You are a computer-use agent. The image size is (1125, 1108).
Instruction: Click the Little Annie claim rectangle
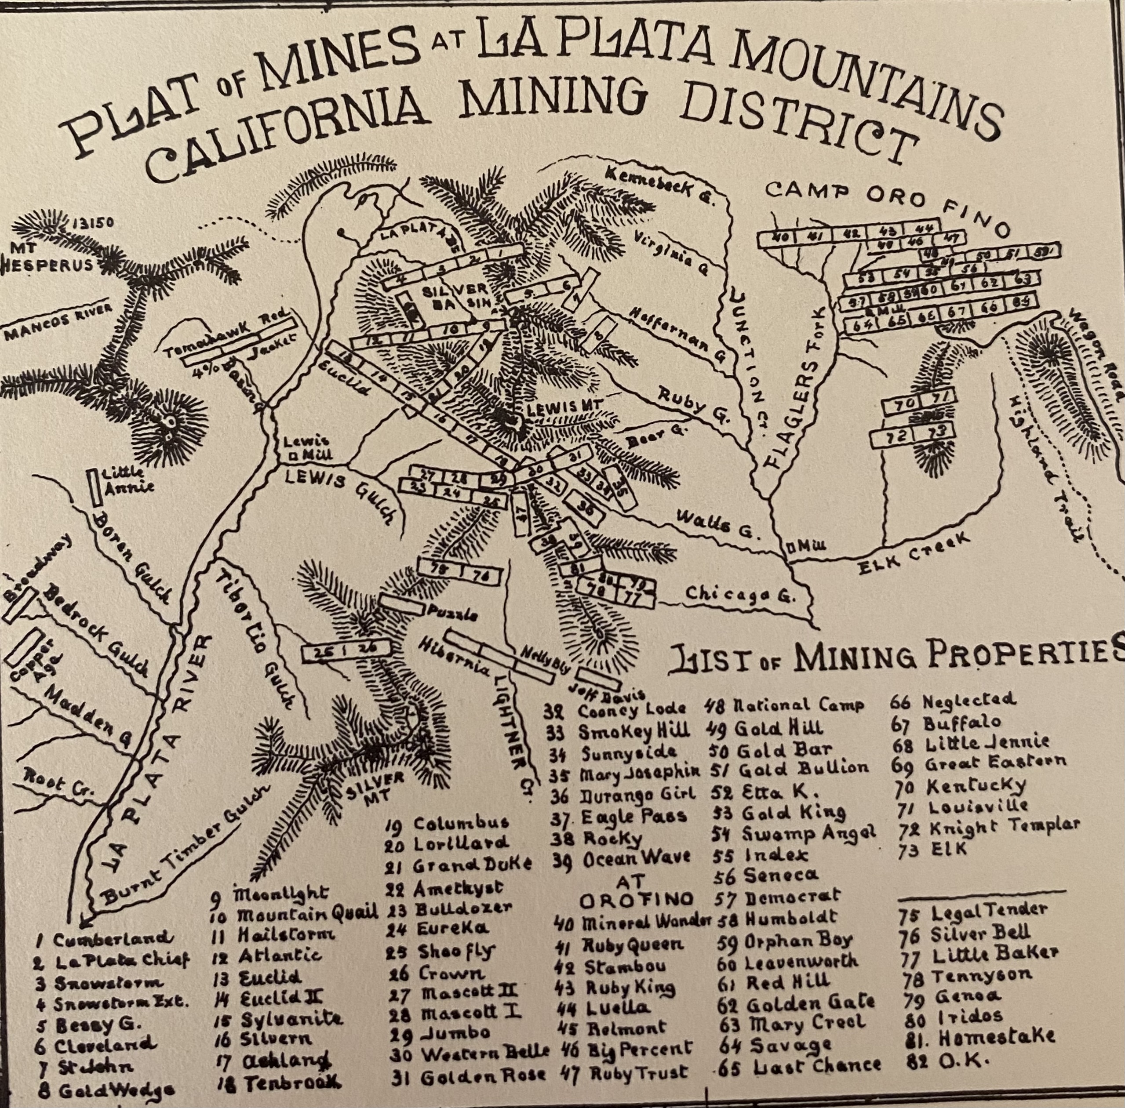coord(92,487)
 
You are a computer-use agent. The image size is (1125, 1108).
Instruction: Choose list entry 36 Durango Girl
coord(623,792)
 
